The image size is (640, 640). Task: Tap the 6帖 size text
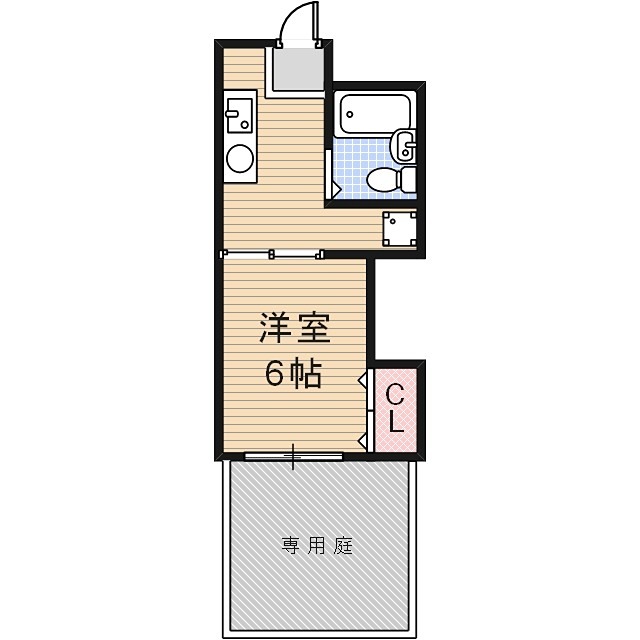click(x=293, y=374)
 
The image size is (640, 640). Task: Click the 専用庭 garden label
click(x=317, y=546)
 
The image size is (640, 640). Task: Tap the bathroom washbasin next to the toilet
click(x=405, y=146)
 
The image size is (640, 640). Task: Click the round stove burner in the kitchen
click(x=240, y=158)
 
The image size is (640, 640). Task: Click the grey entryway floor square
click(x=298, y=68)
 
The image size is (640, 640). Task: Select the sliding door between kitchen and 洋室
click(x=272, y=253)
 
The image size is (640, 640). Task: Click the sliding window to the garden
click(x=293, y=457)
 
